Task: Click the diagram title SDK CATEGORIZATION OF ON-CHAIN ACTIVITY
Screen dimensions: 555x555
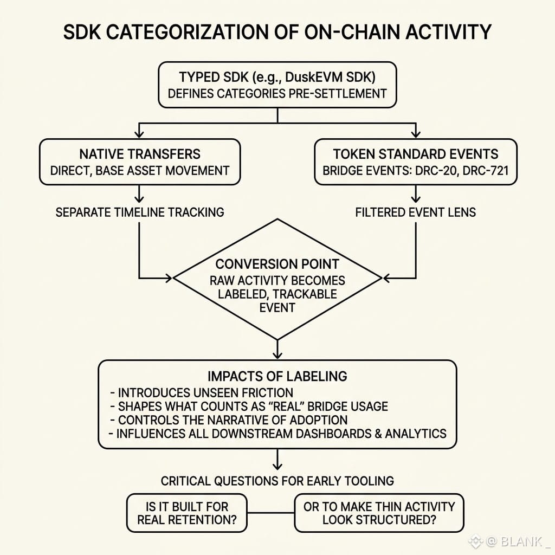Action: tap(277, 32)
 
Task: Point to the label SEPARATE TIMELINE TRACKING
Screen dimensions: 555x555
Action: tap(140, 212)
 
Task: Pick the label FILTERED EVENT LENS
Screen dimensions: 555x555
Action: tap(416, 212)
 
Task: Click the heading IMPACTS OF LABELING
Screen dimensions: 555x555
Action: tap(277, 376)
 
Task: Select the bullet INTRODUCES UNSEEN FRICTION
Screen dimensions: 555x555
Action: tap(202, 392)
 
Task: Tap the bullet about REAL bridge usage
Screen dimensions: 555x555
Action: tap(249, 406)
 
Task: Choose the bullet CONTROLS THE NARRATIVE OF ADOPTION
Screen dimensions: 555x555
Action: tap(229, 420)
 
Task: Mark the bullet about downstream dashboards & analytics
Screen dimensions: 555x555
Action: tap(277, 434)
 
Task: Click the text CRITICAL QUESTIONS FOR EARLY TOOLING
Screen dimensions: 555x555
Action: tap(277, 481)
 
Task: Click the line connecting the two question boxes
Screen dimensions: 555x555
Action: tap(271, 513)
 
